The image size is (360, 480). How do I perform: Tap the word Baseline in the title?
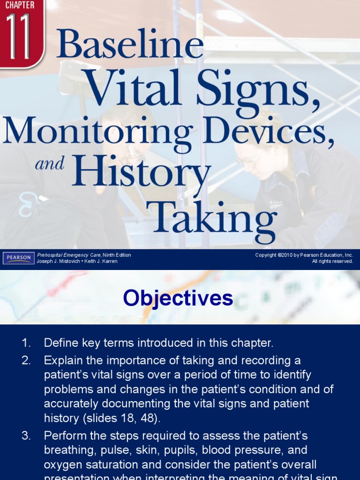tap(130, 45)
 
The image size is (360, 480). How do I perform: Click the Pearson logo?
tap(18, 258)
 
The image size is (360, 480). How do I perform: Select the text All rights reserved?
tap(332, 262)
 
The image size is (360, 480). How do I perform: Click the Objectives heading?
tap(178, 298)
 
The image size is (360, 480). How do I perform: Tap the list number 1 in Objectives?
tap(26, 343)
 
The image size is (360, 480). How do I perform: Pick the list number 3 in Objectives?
tap(26, 436)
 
